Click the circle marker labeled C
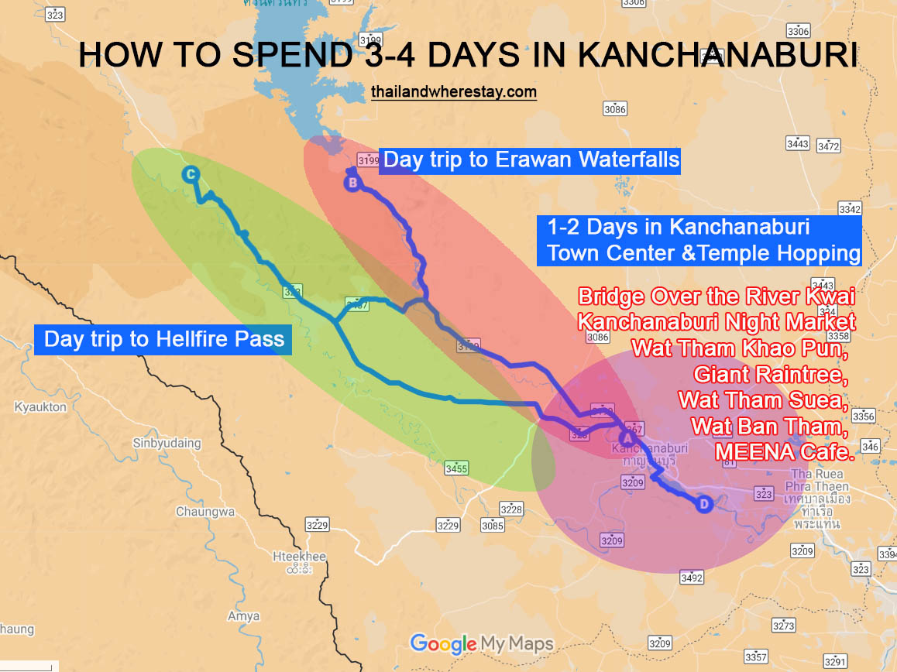190,175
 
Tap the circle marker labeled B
352,183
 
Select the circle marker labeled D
703,505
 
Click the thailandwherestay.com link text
453,92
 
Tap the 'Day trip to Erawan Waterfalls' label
531,160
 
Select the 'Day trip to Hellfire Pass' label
163,339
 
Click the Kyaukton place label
40,406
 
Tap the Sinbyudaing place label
167,444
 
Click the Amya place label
243,617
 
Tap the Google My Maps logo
482,643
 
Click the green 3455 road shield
456,468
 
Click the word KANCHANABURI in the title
717,57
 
